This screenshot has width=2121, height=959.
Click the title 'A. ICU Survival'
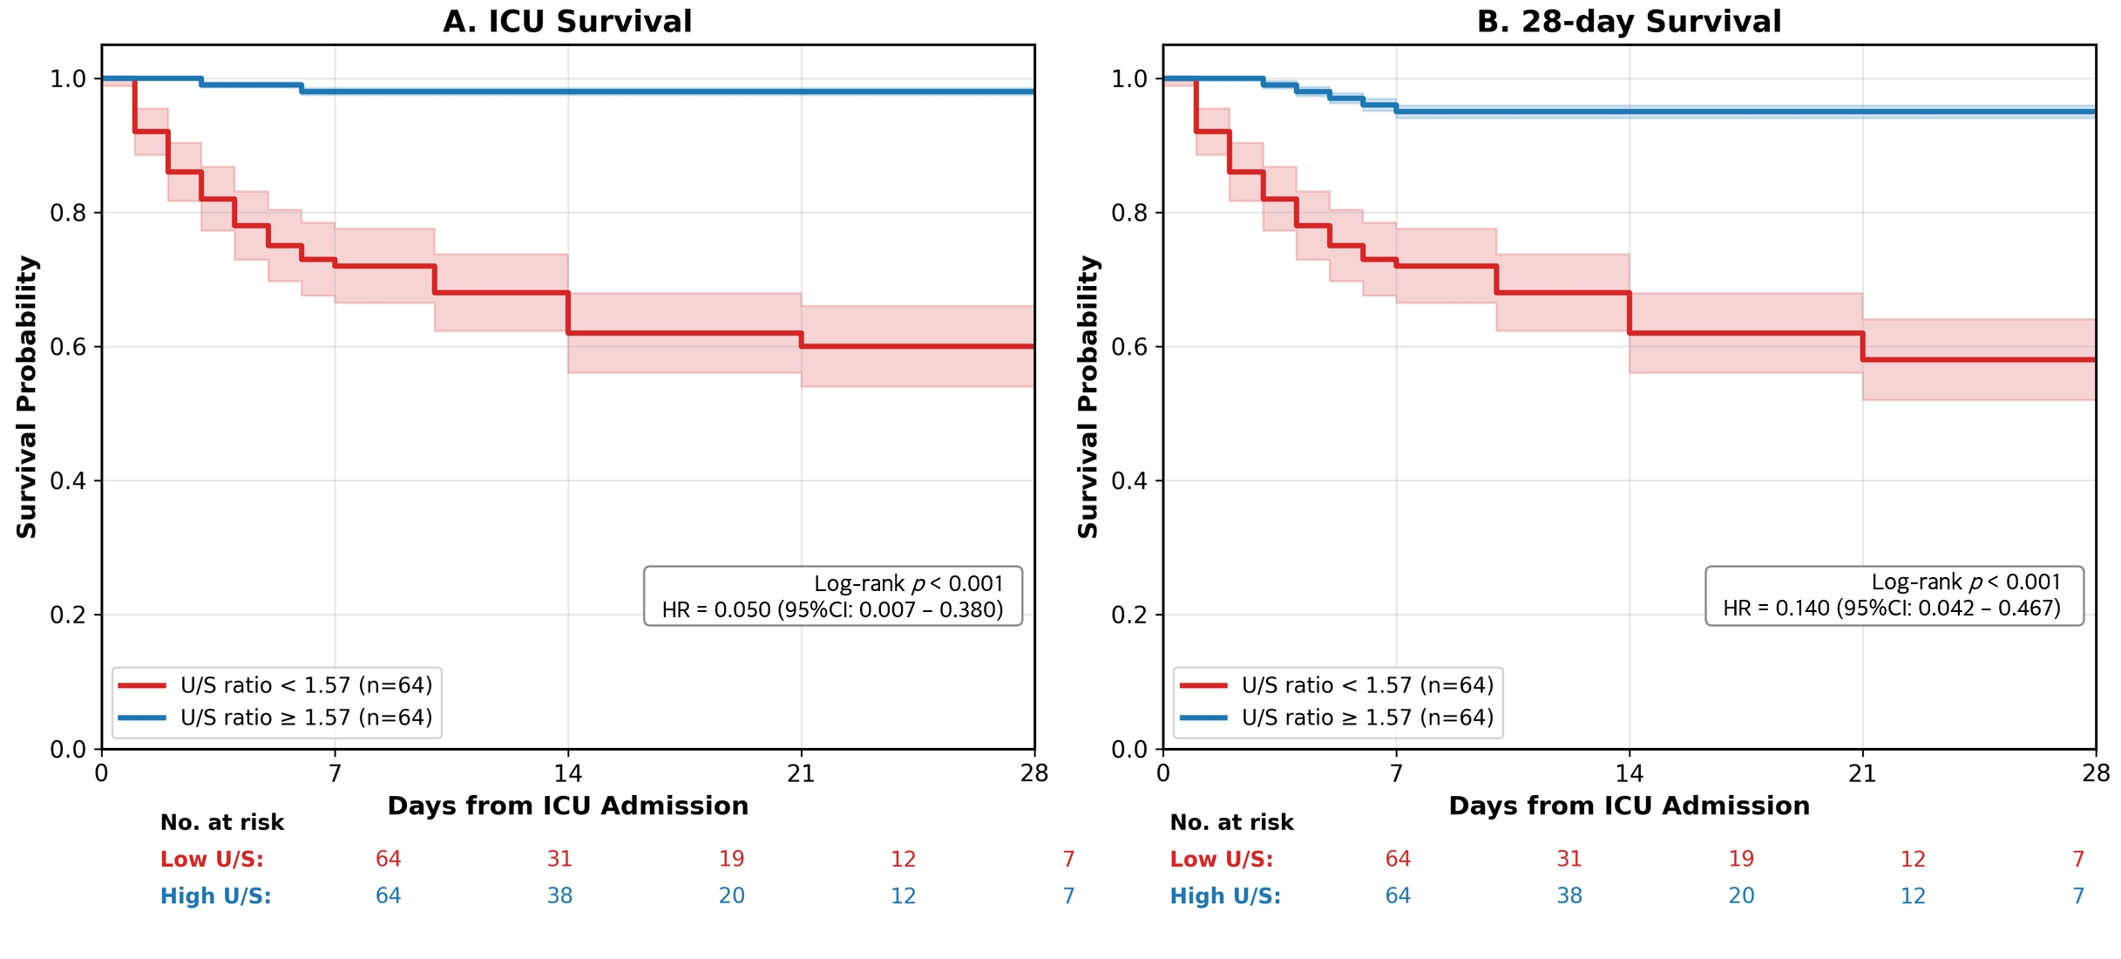point(567,21)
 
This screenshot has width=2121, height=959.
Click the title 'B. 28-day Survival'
point(1629,21)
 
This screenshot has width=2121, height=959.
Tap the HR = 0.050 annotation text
point(832,609)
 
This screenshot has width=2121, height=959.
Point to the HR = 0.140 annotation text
point(1892,608)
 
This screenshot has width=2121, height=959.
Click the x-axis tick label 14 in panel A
point(568,773)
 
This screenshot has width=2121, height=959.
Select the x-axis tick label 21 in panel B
point(1862,773)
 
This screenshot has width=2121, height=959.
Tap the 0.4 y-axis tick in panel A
point(68,481)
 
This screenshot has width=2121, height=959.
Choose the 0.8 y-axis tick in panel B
point(1129,213)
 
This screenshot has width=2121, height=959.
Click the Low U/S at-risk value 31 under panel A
point(559,859)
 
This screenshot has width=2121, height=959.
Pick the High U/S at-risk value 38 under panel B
point(1569,895)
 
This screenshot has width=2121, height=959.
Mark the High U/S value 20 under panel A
point(731,895)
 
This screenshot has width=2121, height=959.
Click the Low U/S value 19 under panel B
point(1741,859)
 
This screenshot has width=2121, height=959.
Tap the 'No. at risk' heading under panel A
point(222,822)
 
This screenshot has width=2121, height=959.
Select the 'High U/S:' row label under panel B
point(1225,895)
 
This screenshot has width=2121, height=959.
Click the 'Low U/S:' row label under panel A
point(212,859)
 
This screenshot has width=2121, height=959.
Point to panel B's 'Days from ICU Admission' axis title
point(1629,806)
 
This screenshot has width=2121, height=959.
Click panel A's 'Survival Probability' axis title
point(27,397)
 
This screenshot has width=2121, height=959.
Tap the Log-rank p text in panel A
point(908,583)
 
